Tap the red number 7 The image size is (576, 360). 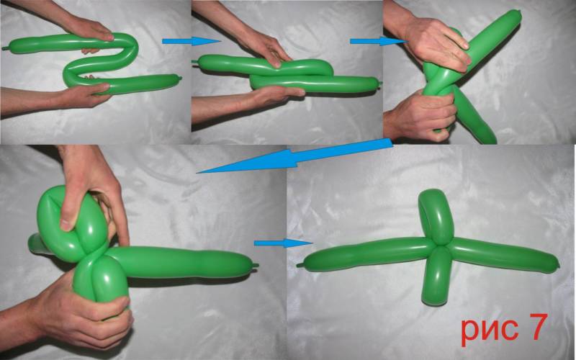(x=538, y=327)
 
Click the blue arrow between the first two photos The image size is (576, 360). (x=191, y=41)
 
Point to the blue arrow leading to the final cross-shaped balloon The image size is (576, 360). (x=283, y=243)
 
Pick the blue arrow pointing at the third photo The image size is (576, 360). (x=379, y=41)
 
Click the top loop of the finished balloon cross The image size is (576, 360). (x=436, y=217)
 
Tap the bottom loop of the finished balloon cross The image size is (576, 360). (x=436, y=276)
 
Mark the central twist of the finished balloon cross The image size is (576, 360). (x=437, y=245)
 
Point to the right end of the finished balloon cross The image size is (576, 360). (x=557, y=263)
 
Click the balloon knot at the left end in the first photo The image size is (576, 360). (x=5, y=48)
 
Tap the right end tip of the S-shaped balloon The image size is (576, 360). (x=179, y=78)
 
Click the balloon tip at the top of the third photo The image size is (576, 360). (x=517, y=13)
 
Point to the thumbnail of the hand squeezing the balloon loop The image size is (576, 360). (x=66, y=225)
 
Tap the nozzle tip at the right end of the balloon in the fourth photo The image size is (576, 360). (x=256, y=265)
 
